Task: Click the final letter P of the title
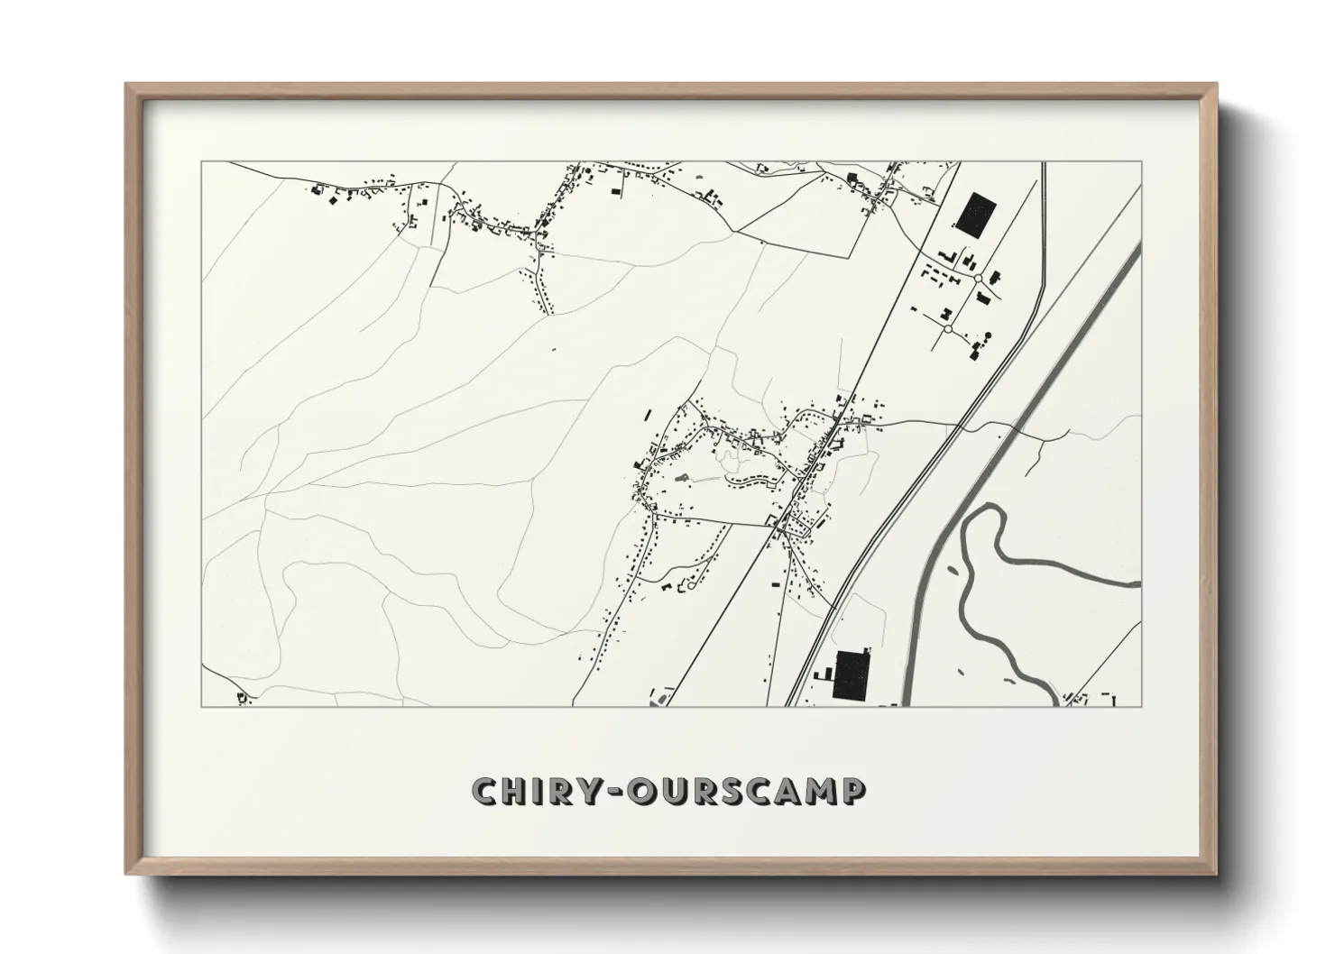click(854, 792)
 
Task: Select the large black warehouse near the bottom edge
click(852, 674)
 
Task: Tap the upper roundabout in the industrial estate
click(978, 279)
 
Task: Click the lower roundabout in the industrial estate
click(948, 329)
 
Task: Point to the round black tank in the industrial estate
click(987, 336)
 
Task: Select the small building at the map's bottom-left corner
click(241, 697)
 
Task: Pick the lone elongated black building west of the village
click(648, 415)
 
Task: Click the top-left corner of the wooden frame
click(126, 85)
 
